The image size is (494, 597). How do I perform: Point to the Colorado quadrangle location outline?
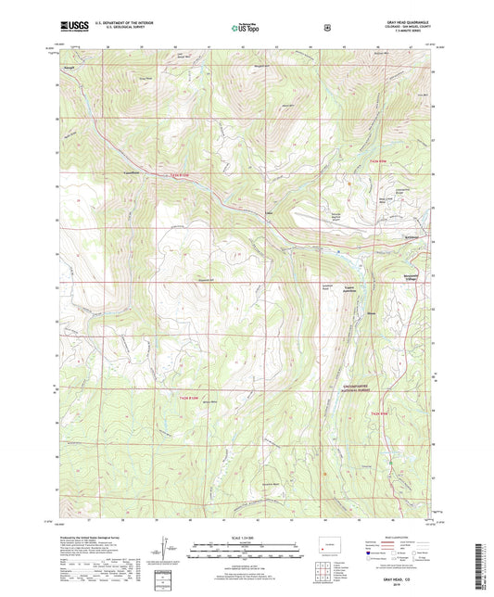click(x=325, y=547)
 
